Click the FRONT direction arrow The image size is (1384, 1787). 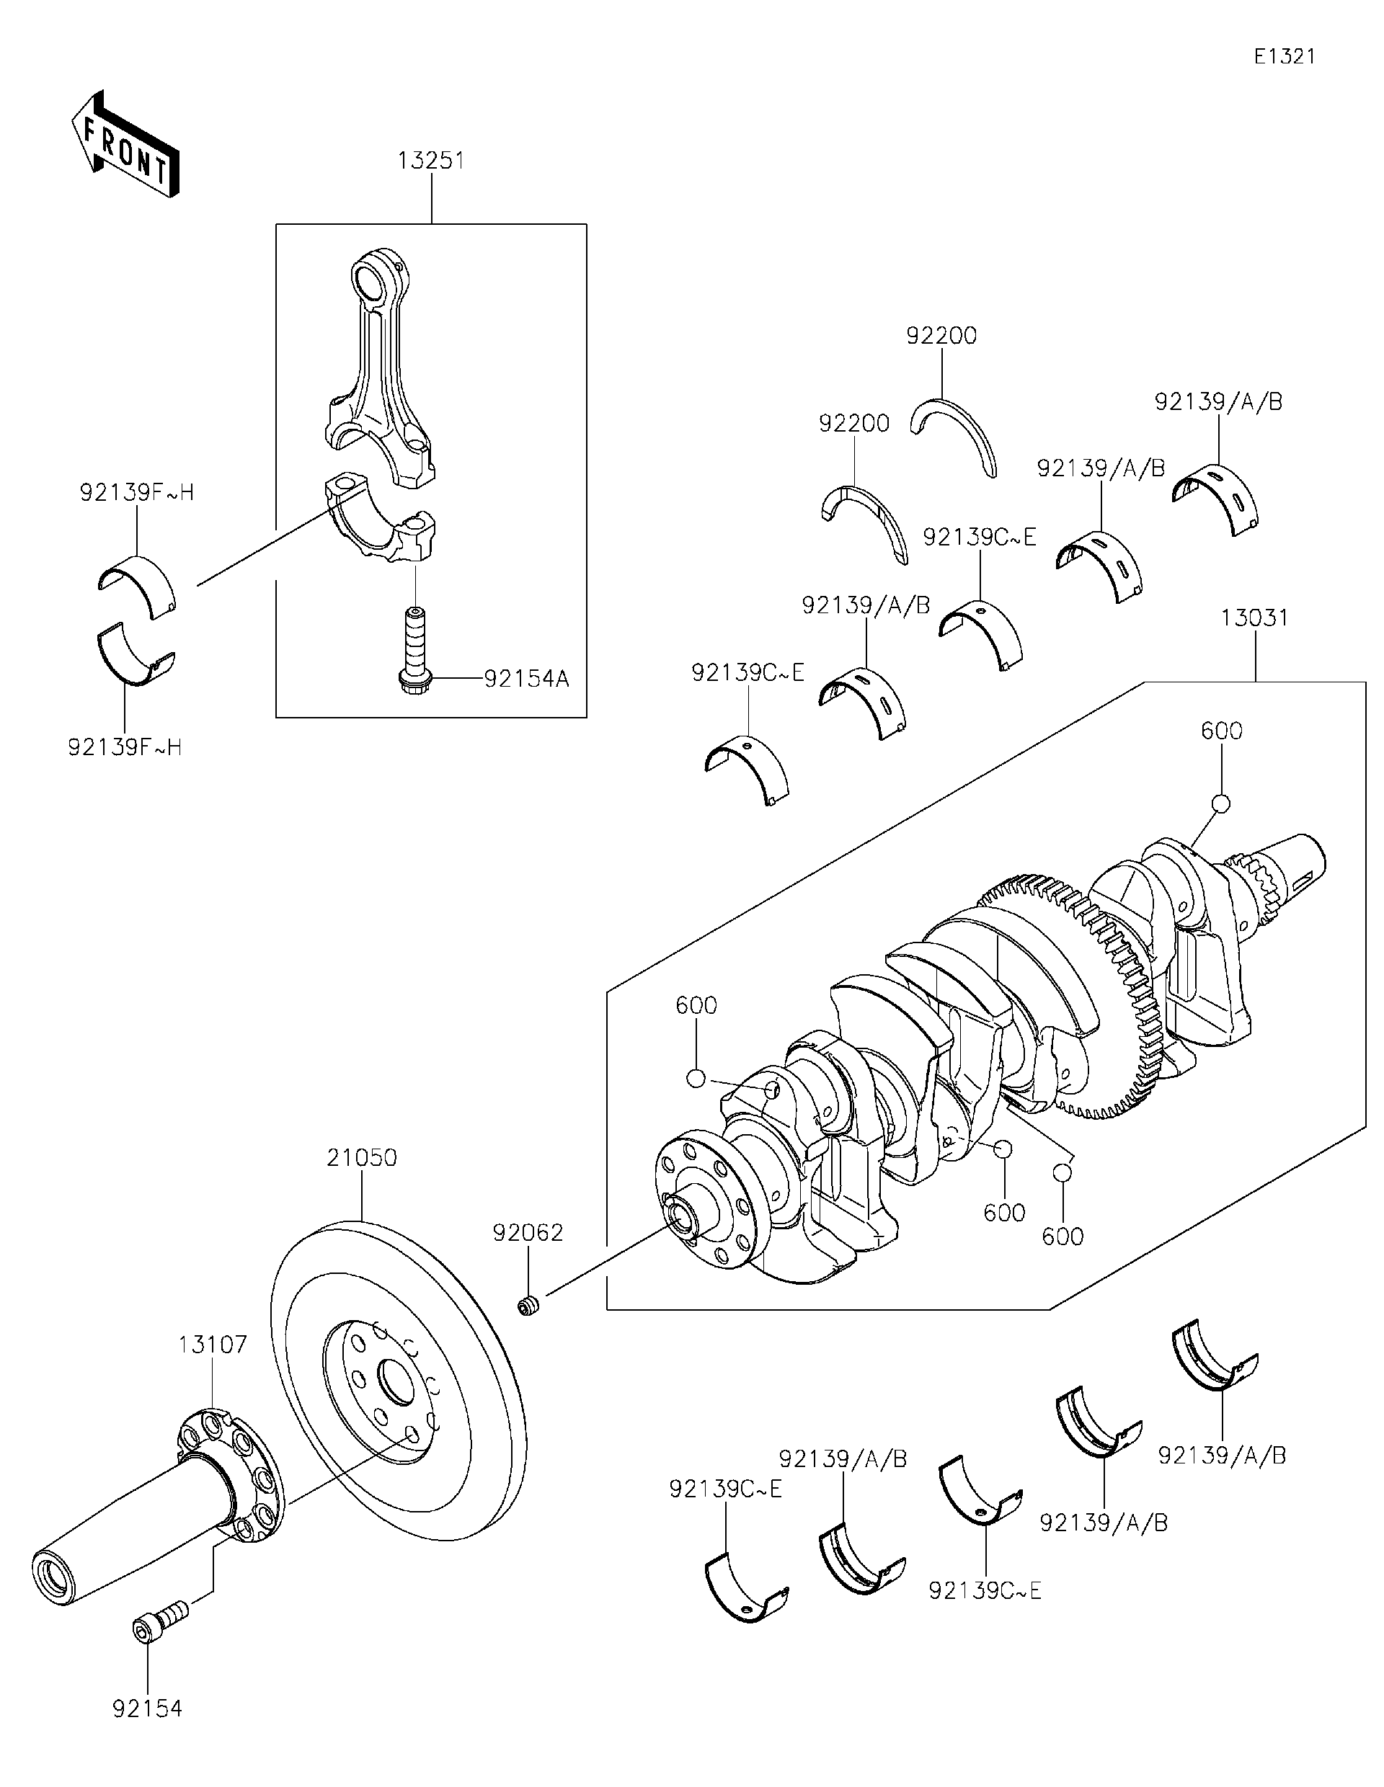point(125,146)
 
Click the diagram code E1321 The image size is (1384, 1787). point(1285,56)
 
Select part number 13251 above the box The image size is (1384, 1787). point(431,161)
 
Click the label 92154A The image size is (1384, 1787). point(525,678)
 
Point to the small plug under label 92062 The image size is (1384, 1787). point(528,1306)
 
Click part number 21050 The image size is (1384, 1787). point(362,1158)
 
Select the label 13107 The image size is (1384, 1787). point(213,1345)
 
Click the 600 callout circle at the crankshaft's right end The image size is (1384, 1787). point(1220,803)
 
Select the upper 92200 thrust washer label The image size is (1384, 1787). point(941,336)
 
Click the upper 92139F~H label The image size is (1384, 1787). point(137,493)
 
